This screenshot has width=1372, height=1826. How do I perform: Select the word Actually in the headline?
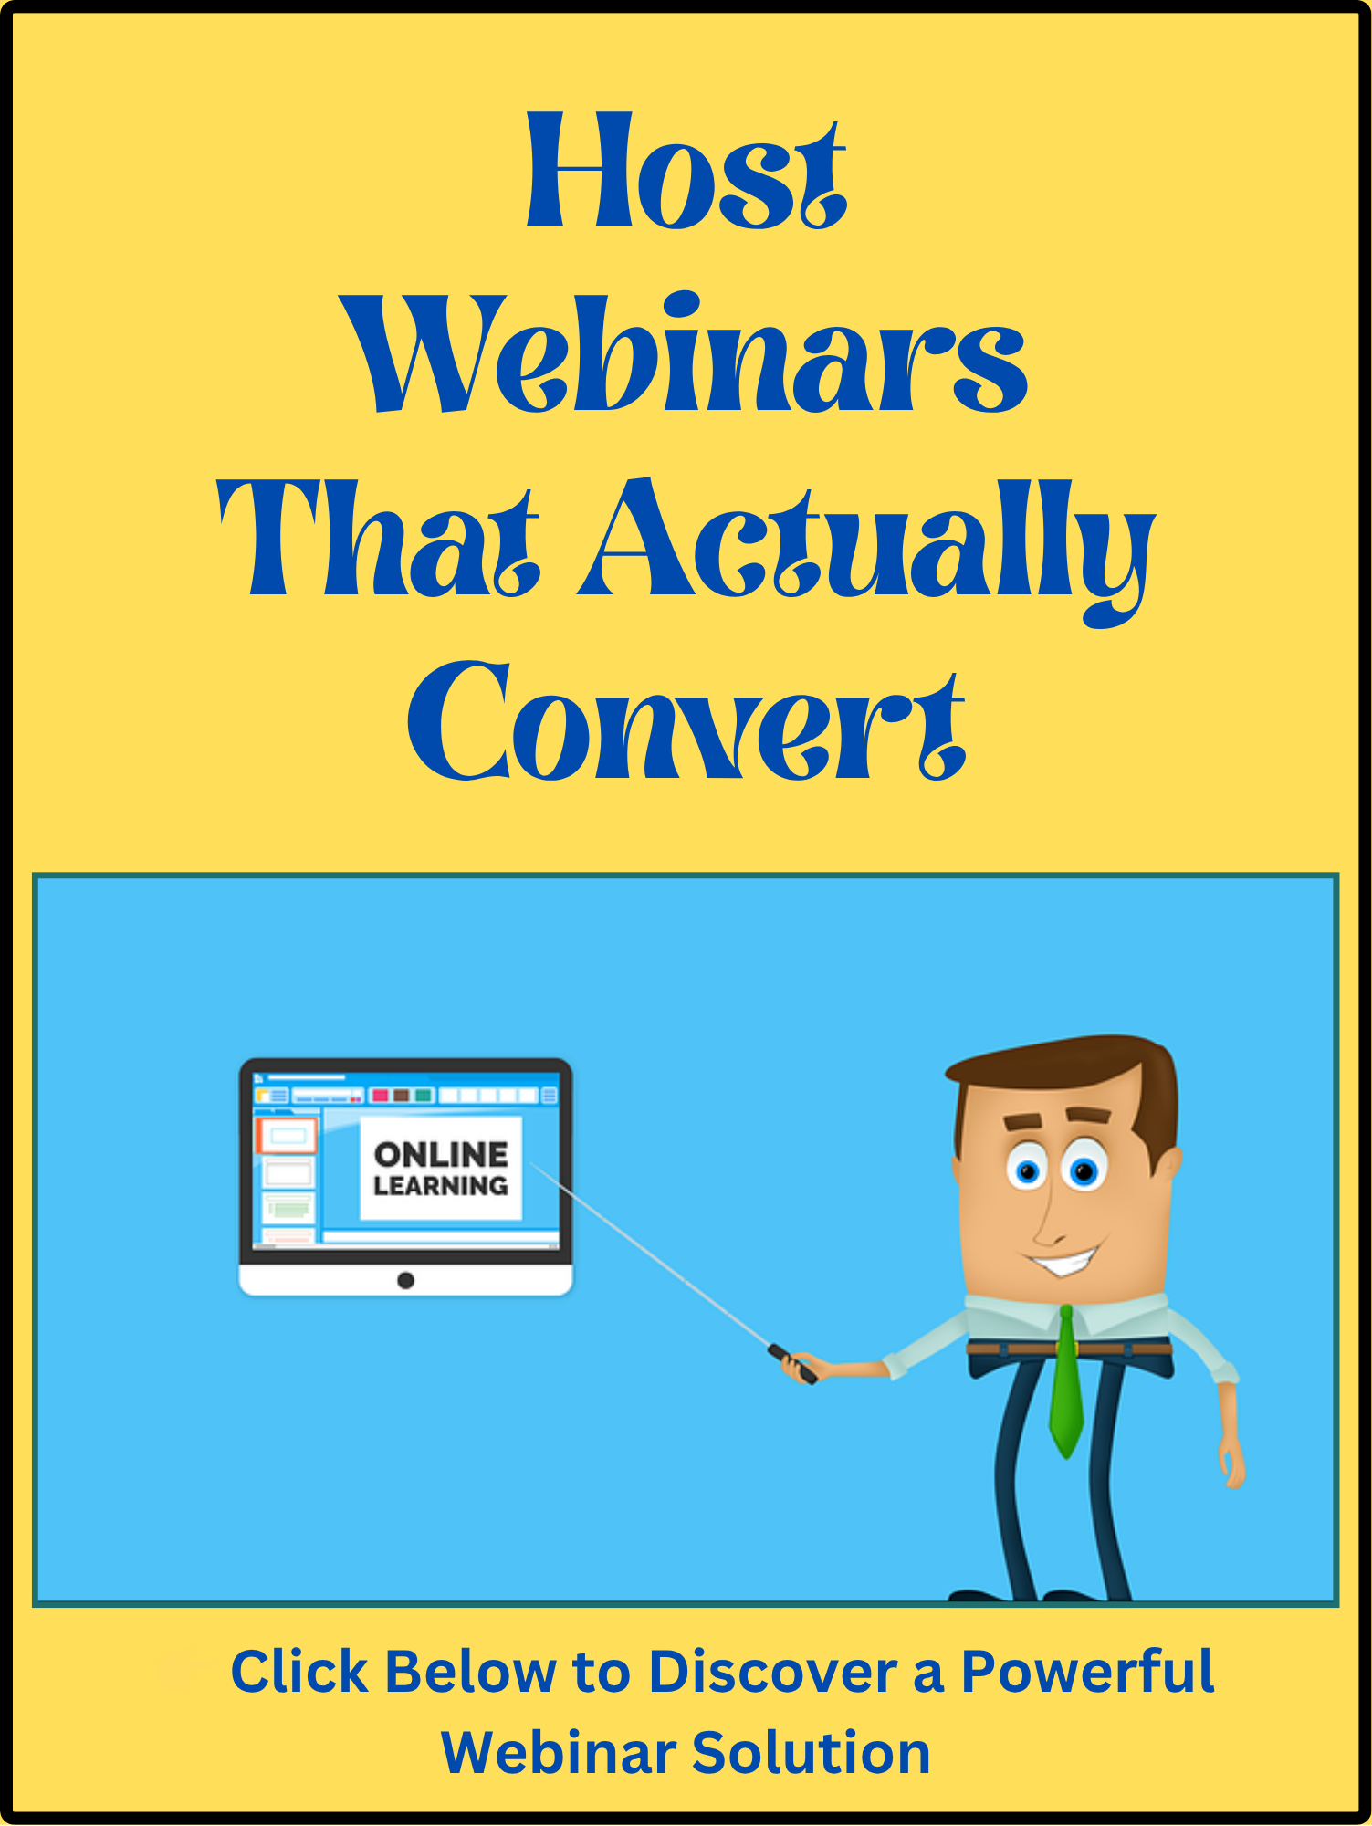(x=867, y=548)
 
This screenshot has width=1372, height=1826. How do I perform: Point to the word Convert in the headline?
(x=686, y=721)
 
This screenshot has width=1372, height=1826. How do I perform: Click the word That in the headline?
(x=379, y=539)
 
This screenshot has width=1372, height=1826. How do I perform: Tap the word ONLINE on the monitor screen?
(x=441, y=1155)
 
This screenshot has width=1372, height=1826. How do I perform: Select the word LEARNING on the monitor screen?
(x=441, y=1186)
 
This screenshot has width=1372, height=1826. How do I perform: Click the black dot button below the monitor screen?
(x=406, y=1281)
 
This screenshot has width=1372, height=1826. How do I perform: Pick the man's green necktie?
(x=1065, y=1383)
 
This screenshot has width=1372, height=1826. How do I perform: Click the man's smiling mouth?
(x=1063, y=1264)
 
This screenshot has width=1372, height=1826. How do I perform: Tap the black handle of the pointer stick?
(x=792, y=1363)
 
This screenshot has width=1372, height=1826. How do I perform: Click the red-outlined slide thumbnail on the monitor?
(x=287, y=1135)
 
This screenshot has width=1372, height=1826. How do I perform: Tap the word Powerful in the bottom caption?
(x=1087, y=1673)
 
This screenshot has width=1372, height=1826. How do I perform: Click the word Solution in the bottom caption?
(x=811, y=1753)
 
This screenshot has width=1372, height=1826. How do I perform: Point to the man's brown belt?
(x=1068, y=1349)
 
